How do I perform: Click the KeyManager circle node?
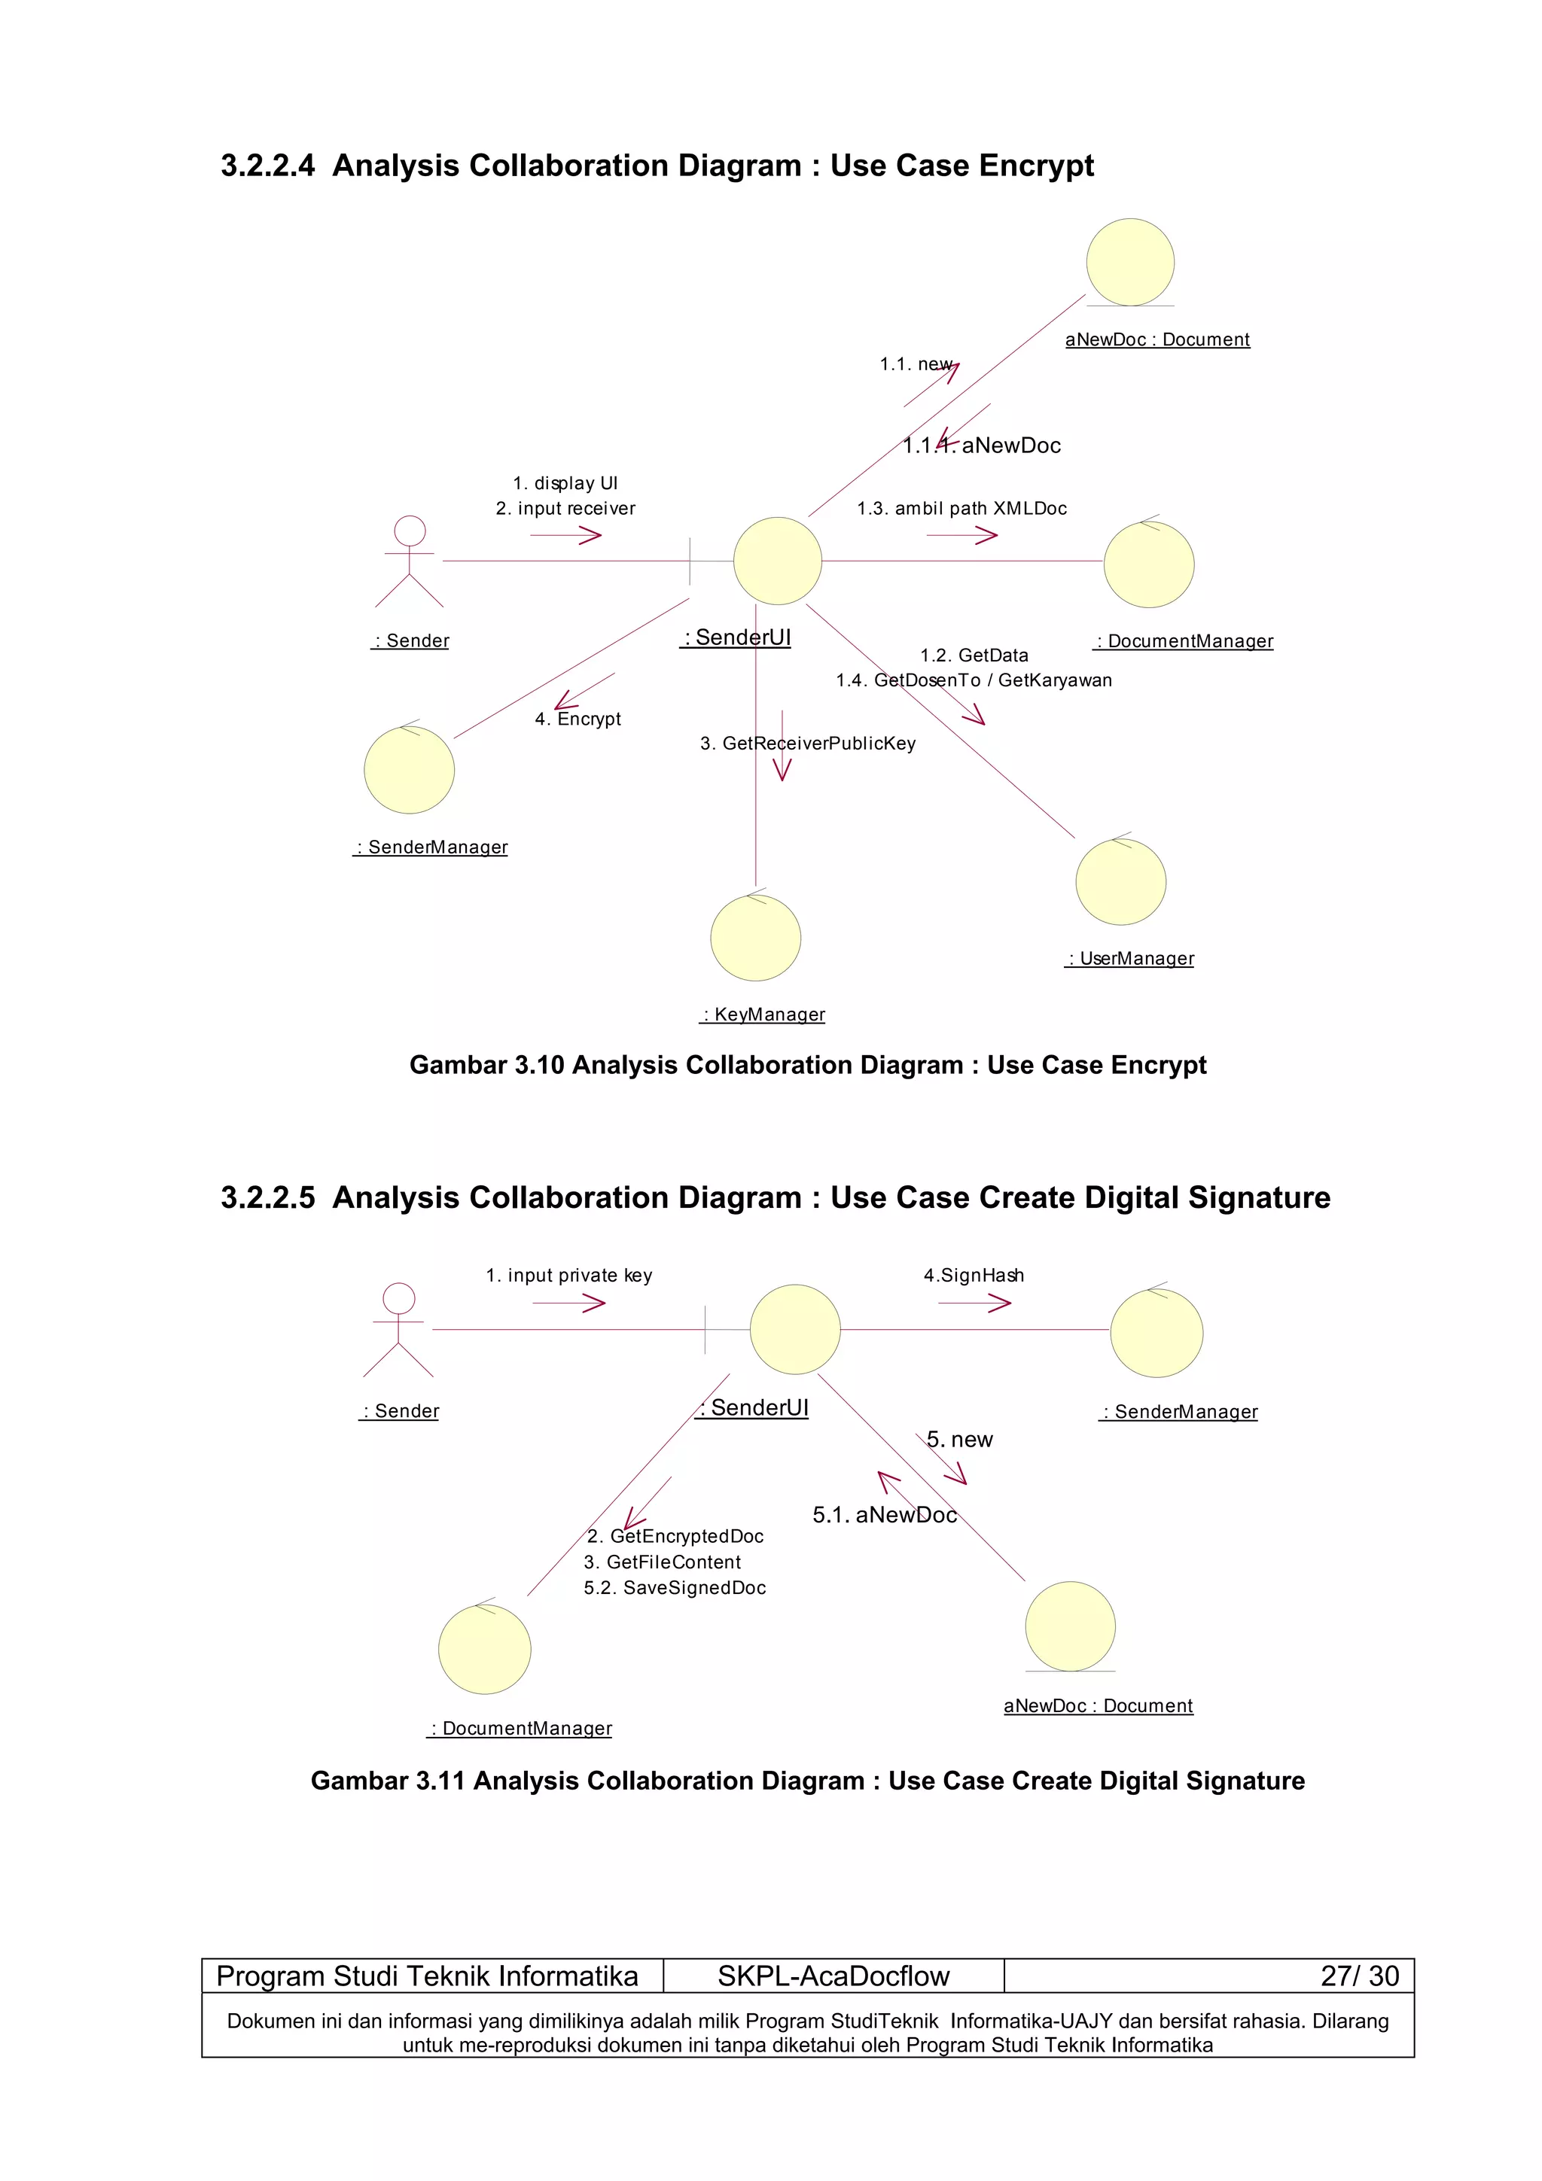click(x=755, y=938)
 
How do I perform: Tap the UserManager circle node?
click(x=1120, y=881)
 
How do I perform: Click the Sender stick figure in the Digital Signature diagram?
click(x=398, y=1329)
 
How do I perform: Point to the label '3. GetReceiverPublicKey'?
click(x=808, y=743)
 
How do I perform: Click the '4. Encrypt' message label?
click(x=577, y=719)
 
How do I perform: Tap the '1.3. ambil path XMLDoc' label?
click(x=961, y=508)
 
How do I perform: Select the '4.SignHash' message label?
click(x=974, y=1275)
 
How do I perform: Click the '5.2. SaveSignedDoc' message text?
click(x=675, y=1587)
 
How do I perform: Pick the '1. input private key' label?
click(x=569, y=1275)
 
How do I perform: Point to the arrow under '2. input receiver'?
click(x=566, y=536)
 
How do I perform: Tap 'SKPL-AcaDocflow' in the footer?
click(x=833, y=1976)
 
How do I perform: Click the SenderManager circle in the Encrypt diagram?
click(x=410, y=769)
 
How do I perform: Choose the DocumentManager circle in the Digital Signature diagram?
click(x=485, y=1649)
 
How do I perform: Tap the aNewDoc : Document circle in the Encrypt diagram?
click(x=1129, y=262)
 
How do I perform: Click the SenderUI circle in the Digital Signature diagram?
click(x=795, y=1329)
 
